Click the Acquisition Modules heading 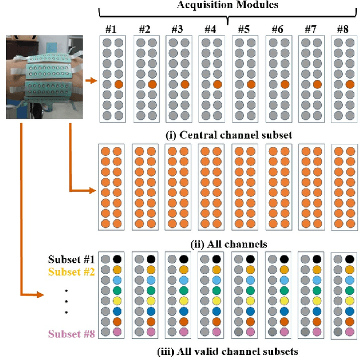(228, 6)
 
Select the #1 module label (110, 28)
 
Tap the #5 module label (243, 28)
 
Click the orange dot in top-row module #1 (118, 84)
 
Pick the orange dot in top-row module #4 (218, 84)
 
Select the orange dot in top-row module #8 (350, 84)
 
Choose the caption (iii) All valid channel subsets (227, 352)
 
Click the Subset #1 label (70, 260)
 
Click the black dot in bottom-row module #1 (118, 259)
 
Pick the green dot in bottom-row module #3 (184, 291)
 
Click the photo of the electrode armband (44, 77)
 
